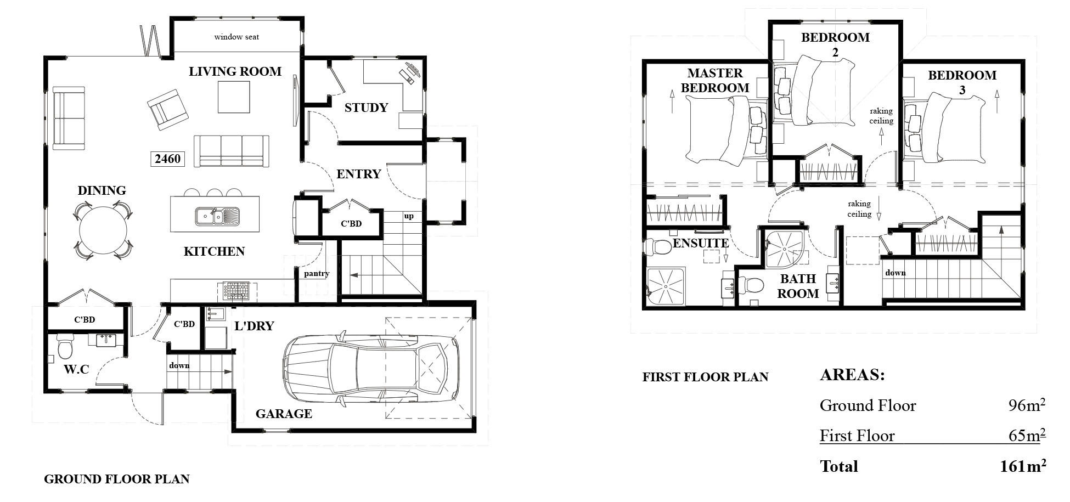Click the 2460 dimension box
pyautogui.click(x=167, y=159)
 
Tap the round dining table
pyautogui.click(x=103, y=230)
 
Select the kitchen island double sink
pyautogui.click(x=217, y=216)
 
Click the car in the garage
pyautogui.click(x=371, y=364)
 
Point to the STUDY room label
pyautogui.click(x=366, y=108)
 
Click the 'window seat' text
pyautogui.click(x=236, y=37)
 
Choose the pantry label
pyautogui.click(x=317, y=273)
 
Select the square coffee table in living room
pyautogui.click(x=234, y=97)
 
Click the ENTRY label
pyautogui.click(x=358, y=174)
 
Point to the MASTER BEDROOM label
pyautogui.click(x=715, y=80)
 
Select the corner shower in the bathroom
pyautogui.click(x=786, y=249)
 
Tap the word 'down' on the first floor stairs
pyautogui.click(x=895, y=273)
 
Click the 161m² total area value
pyautogui.click(x=1023, y=466)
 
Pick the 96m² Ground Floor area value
pyautogui.click(x=1027, y=405)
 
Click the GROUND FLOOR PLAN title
pyautogui.click(x=116, y=479)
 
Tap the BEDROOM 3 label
pyautogui.click(x=962, y=82)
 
